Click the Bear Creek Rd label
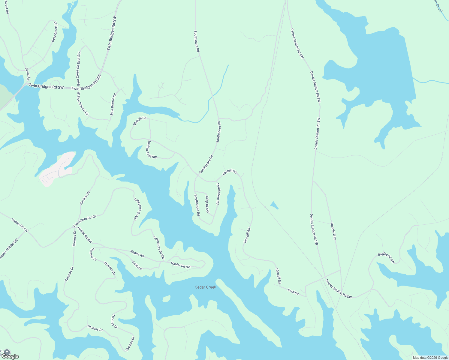(54, 32)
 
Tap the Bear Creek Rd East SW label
(79, 69)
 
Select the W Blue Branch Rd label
(83, 104)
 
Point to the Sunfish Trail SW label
(152, 149)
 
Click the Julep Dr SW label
(207, 204)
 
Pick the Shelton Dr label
(85, 198)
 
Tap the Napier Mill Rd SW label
(9, 249)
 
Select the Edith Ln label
(137, 265)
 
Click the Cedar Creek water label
(205, 287)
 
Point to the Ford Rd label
(293, 291)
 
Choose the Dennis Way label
(333, 231)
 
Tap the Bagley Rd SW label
(386, 258)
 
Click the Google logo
(10, 356)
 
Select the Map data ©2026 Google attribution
(430, 358)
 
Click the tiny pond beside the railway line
(274, 205)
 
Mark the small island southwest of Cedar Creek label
(166, 299)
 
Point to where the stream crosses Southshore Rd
(212, 95)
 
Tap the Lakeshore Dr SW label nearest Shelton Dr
(85, 221)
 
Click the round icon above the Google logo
(7, 352)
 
